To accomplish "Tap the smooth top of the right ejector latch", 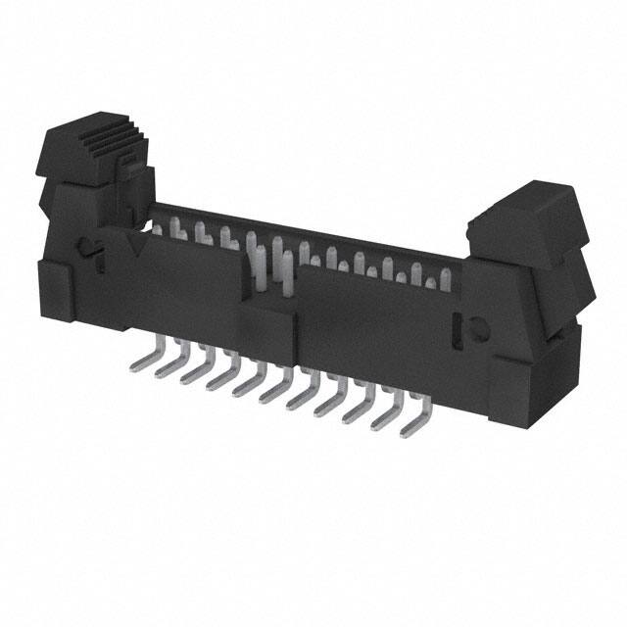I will pos(524,212).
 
